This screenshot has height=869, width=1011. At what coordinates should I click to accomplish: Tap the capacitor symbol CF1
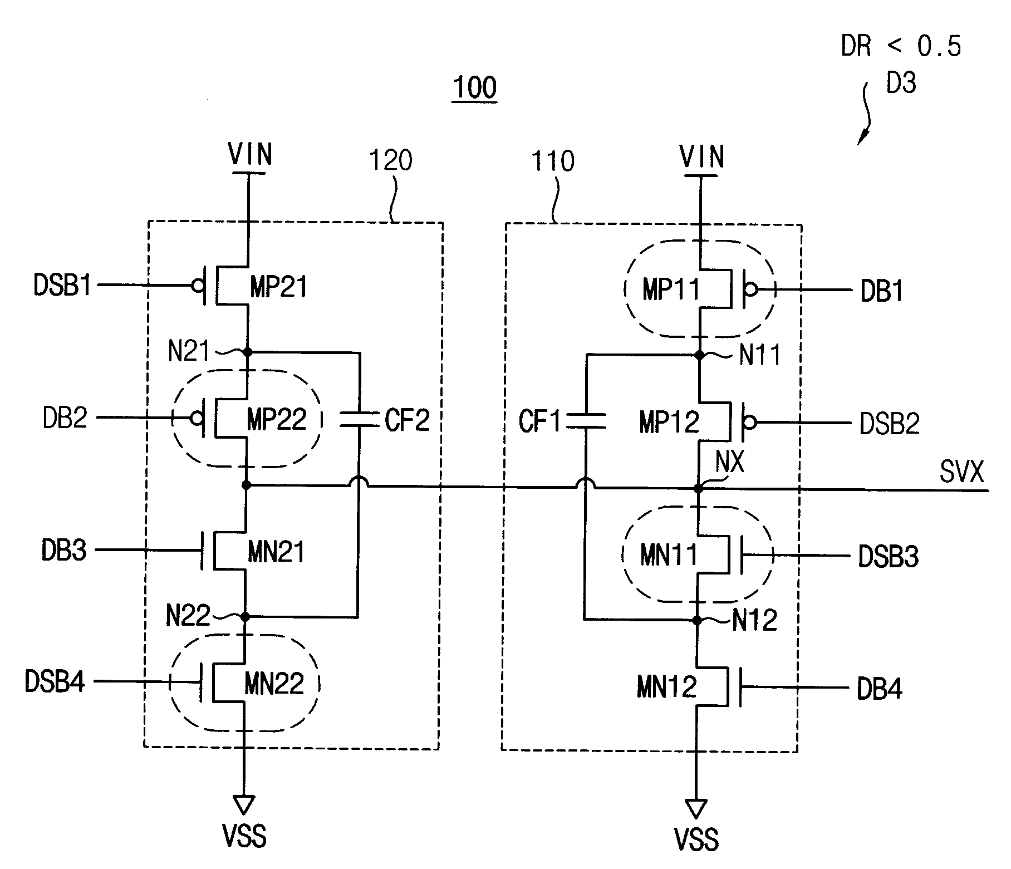(x=586, y=421)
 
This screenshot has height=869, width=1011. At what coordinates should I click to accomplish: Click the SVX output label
(x=961, y=473)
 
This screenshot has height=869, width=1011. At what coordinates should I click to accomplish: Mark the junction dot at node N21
(x=248, y=352)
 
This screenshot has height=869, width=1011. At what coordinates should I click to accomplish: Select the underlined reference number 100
(x=475, y=88)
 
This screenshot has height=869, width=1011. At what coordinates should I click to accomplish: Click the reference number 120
(x=391, y=161)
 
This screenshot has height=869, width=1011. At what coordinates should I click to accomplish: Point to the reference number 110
(x=553, y=161)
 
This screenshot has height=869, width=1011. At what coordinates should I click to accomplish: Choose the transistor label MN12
(x=667, y=688)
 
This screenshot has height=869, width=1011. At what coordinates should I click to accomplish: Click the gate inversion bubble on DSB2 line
(x=750, y=423)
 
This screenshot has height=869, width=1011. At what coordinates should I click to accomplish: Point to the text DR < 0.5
(x=901, y=46)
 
